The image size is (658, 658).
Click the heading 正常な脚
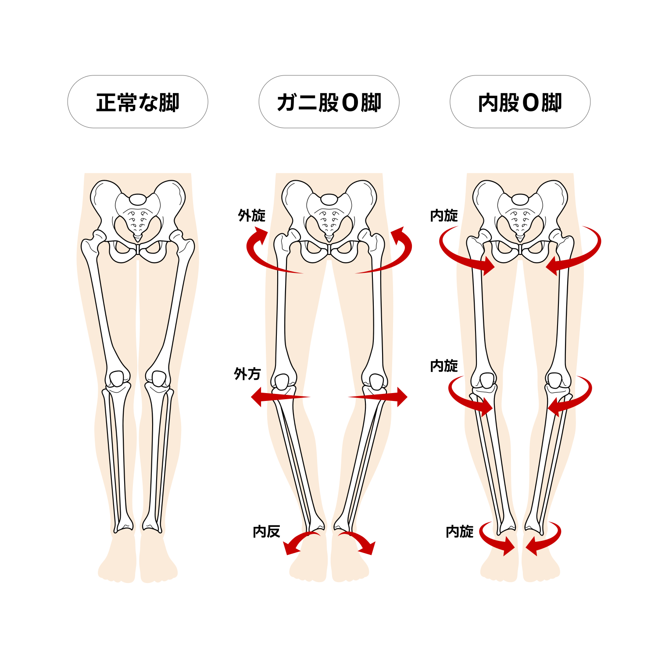click(x=138, y=103)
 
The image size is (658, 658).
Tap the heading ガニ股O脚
click(x=329, y=103)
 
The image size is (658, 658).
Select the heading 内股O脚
click(x=520, y=103)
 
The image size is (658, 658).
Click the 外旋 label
click(x=252, y=215)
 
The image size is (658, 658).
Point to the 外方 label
click(x=247, y=374)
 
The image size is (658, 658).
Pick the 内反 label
click(x=266, y=531)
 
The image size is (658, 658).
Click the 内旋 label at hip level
click(x=444, y=215)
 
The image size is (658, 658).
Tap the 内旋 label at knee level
click(x=444, y=365)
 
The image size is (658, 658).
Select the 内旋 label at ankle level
click(x=460, y=531)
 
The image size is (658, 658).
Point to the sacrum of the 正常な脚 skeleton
click(x=138, y=222)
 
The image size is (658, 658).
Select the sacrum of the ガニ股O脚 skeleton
click(x=329, y=222)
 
